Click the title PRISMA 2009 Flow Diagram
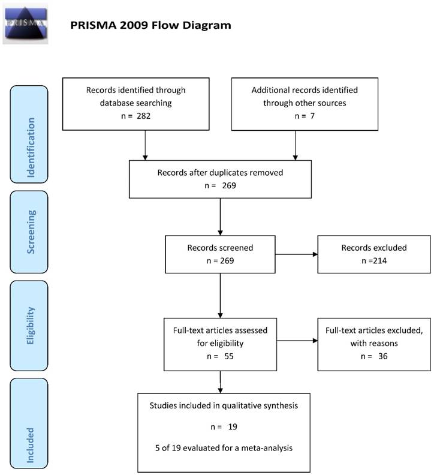(150, 25)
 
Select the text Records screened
(220, 247)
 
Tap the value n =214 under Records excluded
(373, 260)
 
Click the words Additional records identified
(305, 90)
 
